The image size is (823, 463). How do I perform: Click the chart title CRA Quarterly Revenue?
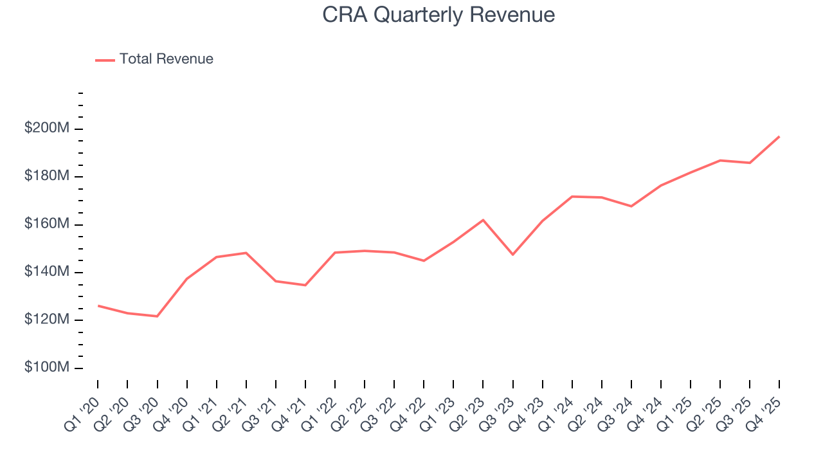pyautogui.click(x=439, y=15)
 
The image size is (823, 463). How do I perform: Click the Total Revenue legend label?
pyautogui.click(x=166, y=59)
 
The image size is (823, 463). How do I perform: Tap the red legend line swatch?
pyautogui.click(x=105, y=60)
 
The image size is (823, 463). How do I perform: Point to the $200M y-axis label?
pyautogui.click(x=46, y=129)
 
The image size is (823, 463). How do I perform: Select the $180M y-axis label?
pyautogui.click(x=46, y=176)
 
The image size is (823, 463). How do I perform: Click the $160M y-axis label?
pyautogui.click(x=46, y=224)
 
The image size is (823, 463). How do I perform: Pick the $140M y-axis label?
pyautogui.click(x=46, y=272)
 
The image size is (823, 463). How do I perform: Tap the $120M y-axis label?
pyautogui.click(x=46, y=320)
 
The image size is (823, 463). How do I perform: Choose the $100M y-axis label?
pyautogui.click(x=46, y=367)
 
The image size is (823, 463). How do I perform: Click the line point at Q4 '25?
pyautogui.click(x=779, y=136)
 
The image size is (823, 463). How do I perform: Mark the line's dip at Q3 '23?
pyautogui.click(x=512, y=255)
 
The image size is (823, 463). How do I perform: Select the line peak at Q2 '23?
pyautogui.click(x=483, y=220)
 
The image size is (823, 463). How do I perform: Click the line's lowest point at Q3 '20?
pyautogui.click(x=157, y=316)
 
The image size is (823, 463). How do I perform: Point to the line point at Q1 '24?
pyautogui.click(x=572, y=196)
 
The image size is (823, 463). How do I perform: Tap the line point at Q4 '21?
pyautogui.click(x=305, y=285)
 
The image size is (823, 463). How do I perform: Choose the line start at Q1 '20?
pyautogui.click(x=98, y=305)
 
